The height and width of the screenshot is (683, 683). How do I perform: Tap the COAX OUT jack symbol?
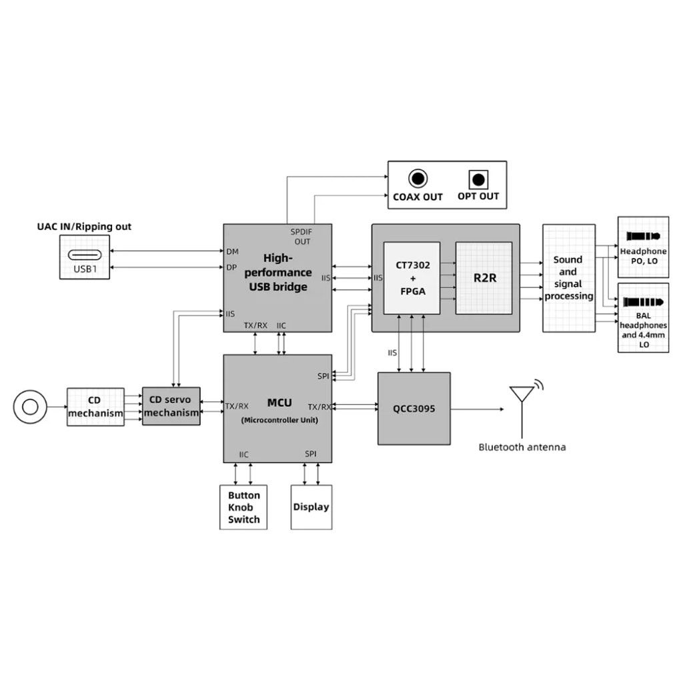click(x=418, y=179)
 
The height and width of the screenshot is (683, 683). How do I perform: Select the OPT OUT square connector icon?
click(x=478, y=179)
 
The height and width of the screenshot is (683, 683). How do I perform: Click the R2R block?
click(x=484, y=277)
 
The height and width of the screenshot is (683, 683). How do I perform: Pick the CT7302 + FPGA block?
click(x=412, y=277)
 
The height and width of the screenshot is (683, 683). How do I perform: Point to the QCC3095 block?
click(x=414, y=408)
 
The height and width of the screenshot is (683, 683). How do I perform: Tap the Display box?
click(x=311, y=507)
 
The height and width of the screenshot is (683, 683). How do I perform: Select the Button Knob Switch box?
click(x=243, y=507)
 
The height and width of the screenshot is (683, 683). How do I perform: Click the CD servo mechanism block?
click(x=171, y=406)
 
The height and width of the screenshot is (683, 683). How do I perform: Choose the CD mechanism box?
click(x=95, y=407)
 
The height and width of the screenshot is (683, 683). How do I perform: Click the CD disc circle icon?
click(x=30, y=406)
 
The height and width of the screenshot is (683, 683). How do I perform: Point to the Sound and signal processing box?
click(x=568, y=277)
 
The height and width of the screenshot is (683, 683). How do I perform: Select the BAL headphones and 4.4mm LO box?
click(x=643, y=317)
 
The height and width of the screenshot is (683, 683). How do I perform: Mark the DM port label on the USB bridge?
click(x=232, y=251)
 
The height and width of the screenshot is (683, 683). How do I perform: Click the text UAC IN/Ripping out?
click(x=84, y=227)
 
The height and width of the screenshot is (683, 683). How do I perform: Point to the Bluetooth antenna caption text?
click(x=522, y=448)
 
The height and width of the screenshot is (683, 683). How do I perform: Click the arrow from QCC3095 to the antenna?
click(x=477, y=408)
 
